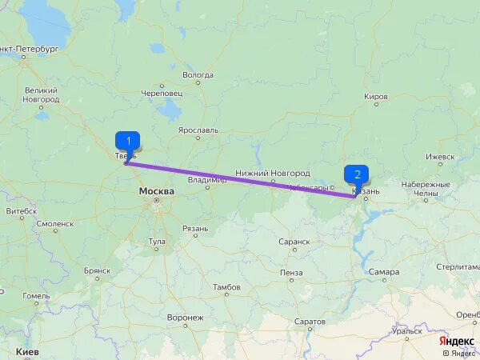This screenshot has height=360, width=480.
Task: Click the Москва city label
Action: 156,192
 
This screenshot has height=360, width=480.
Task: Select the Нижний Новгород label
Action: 272,174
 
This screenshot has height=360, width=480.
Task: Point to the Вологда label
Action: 198,75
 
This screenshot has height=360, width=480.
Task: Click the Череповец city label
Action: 162,94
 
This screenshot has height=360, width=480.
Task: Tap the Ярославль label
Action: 198,130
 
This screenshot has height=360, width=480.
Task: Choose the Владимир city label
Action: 206,180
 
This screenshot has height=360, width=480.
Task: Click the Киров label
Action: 376,97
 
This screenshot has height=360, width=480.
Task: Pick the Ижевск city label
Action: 439,156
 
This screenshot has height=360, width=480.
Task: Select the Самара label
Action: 384,272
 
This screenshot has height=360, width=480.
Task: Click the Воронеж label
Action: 185,318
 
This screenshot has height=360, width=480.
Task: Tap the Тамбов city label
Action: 226,286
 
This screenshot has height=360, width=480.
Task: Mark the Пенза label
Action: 291,273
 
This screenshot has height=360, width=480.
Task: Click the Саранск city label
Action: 294,241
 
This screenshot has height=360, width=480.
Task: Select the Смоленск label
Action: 54,225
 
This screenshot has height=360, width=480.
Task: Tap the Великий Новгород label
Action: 41,95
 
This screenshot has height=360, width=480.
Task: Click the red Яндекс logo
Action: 456,340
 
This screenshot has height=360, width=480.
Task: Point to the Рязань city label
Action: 195,229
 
